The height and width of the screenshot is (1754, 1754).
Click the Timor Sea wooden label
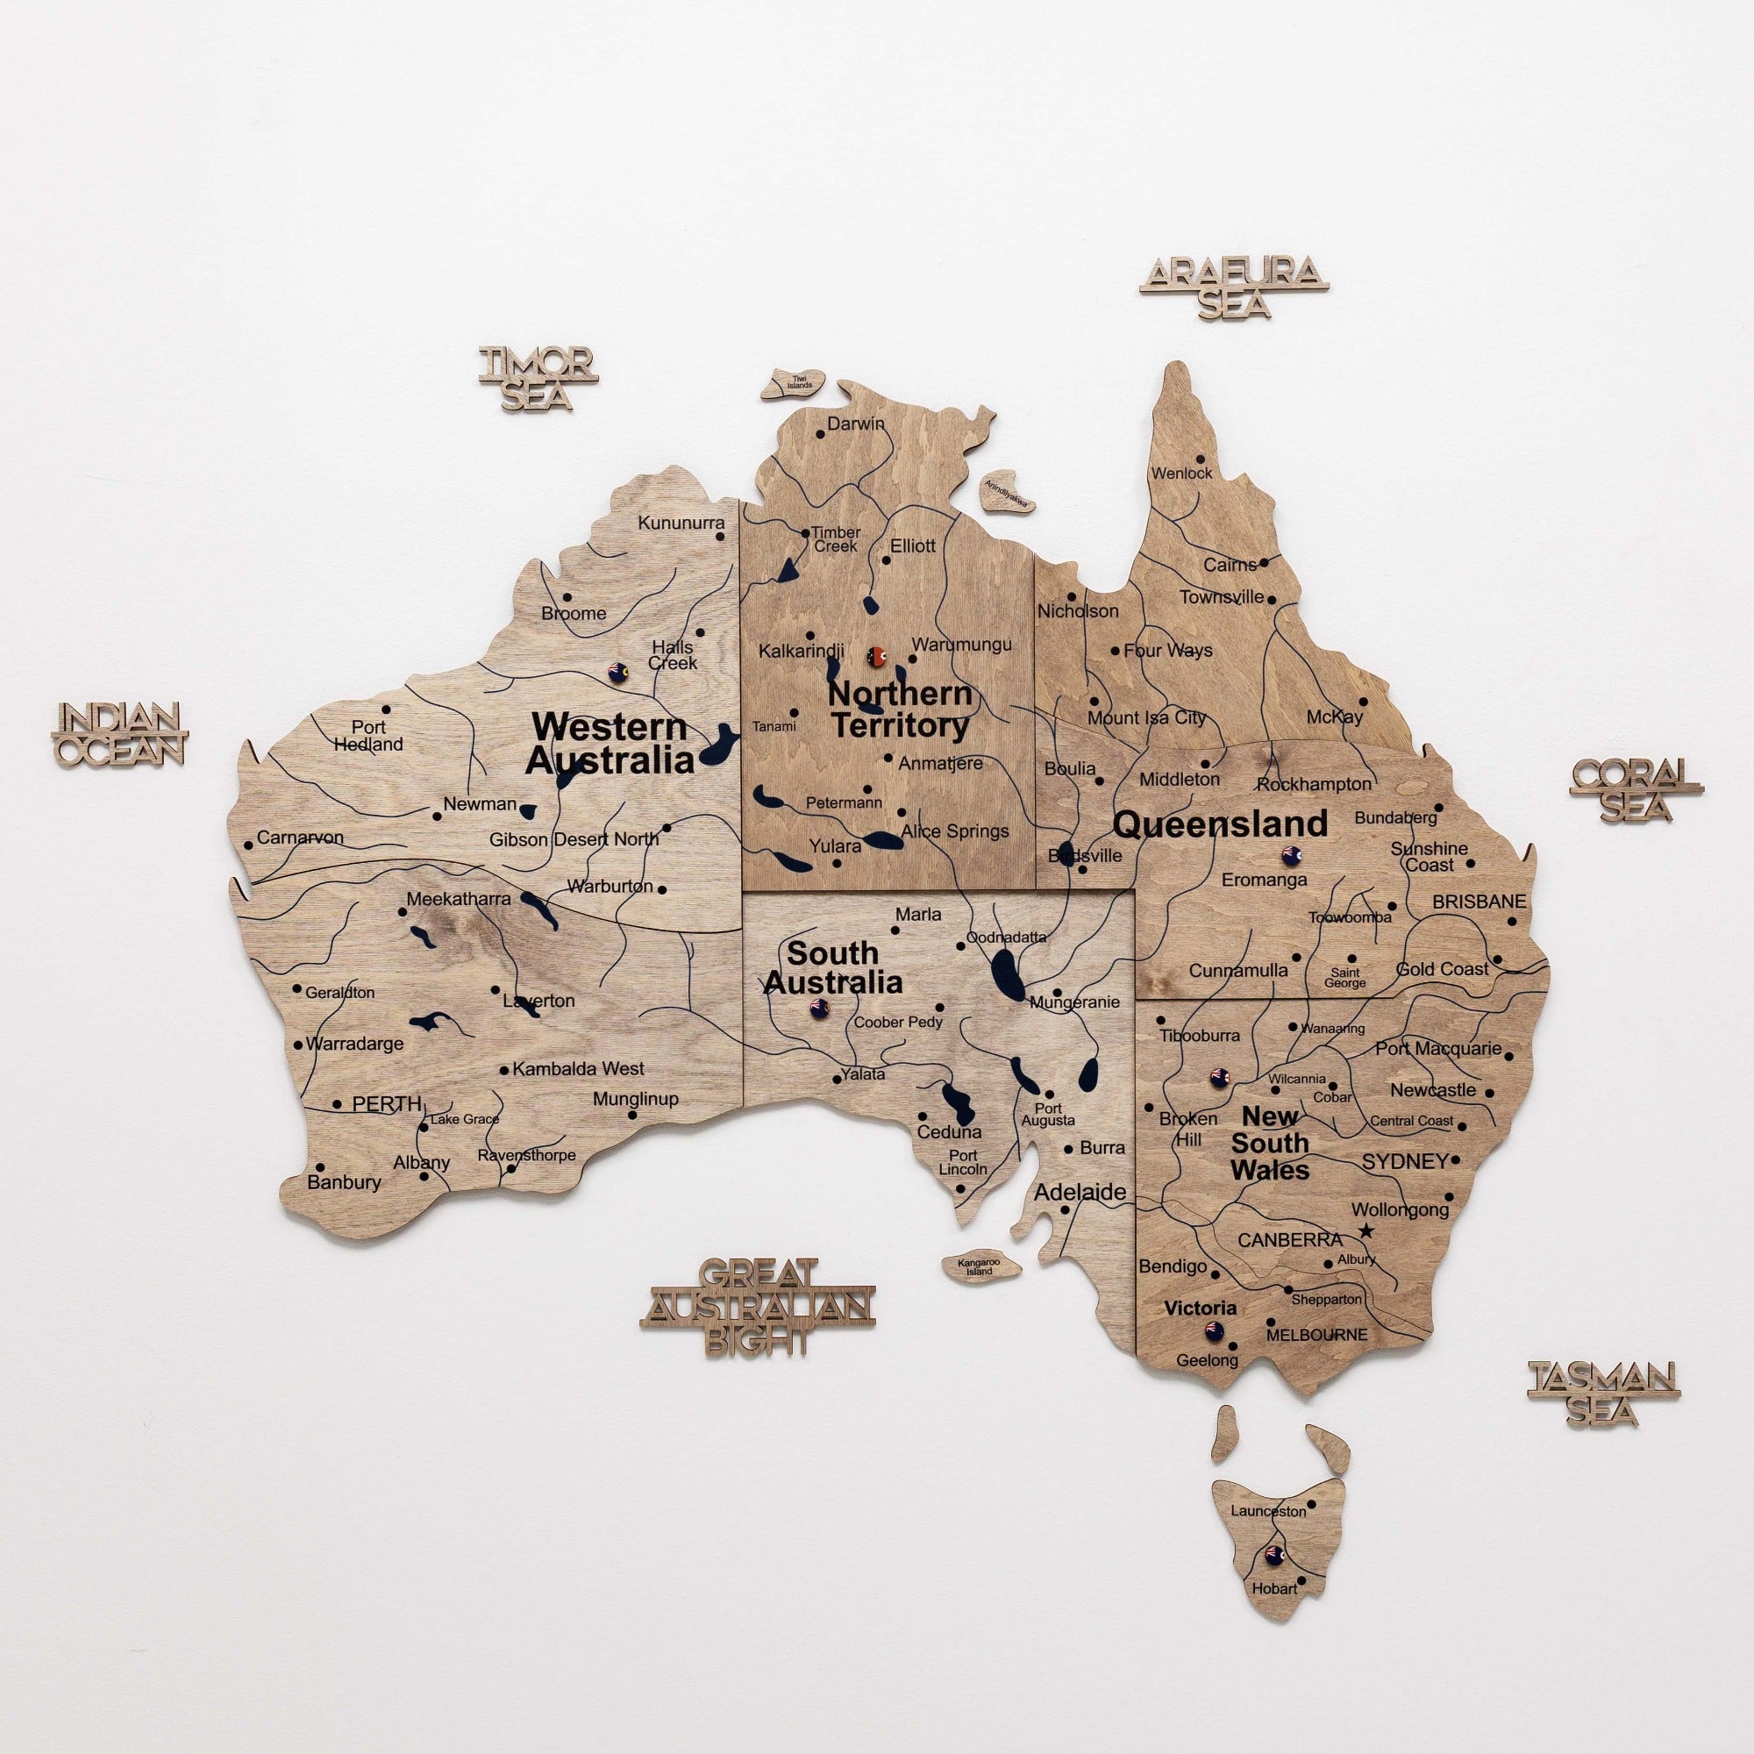[538, 378]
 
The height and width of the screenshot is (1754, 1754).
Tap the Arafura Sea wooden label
[1233, 286]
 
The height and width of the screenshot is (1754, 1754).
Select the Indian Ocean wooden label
[120, 733]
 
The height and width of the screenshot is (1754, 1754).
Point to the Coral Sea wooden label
[1636, 789]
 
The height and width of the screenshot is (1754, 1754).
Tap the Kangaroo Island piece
[980, 1266]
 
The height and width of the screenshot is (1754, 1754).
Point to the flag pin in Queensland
[1290, 854]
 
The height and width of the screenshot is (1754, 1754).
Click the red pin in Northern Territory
[876, 655]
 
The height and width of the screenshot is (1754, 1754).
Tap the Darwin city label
[855, 424]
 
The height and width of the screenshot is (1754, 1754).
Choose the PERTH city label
[387, 1105]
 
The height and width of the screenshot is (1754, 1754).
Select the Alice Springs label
[955, 831]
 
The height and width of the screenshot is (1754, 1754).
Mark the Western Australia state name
[610, 743]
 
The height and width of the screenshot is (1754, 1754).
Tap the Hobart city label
[1274, 1564]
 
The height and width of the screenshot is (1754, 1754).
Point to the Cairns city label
[1230, 565]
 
